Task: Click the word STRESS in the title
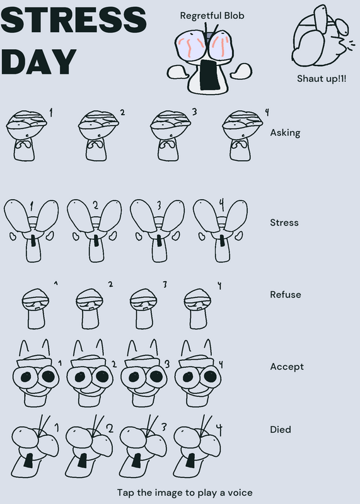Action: coord(74,20)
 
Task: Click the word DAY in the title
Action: coord(39,62)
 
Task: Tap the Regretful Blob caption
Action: coord(212,16)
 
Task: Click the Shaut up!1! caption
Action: coord(322,78)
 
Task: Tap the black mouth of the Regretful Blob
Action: coord(209,74)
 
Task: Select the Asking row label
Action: coord(285,133)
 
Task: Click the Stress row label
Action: coord(284,222)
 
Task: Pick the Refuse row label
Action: coord(286,294)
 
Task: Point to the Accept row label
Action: coord(287,367)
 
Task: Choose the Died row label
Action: coord(280,430)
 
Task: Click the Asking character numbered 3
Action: coord(170,135)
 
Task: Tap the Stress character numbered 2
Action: coord(95,231)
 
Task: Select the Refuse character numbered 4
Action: coord(197,309)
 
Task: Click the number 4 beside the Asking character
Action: coord(267,112)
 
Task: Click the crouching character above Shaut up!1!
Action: coord(322,35)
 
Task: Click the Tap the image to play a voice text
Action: coord(185,493)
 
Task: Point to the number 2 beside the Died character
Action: coord(110,428)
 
